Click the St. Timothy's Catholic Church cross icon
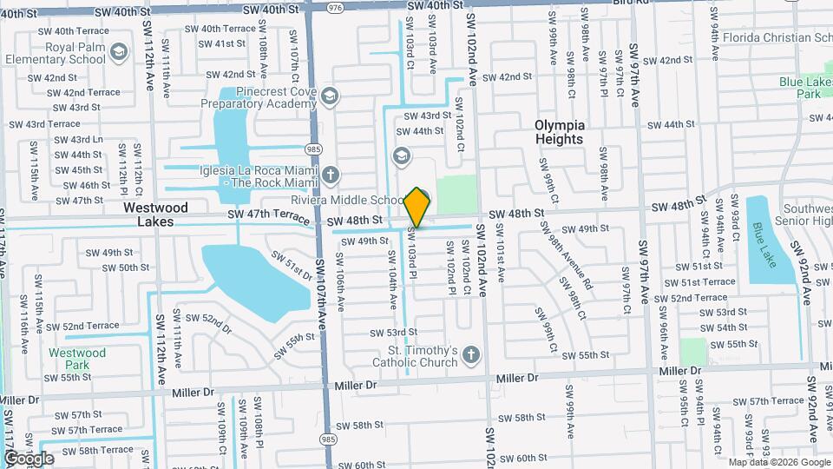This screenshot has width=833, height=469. (x=471, y=354)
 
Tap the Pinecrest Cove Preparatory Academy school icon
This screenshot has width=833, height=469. (x=329, y=96)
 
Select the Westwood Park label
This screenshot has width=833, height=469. (x=77, y=360)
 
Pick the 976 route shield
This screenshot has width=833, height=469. (x=334, y=6)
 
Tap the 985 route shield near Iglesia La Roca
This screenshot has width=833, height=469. (x=313, y=149)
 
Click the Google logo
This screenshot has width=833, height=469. (x=28, y=458)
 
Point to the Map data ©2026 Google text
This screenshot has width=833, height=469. (x=778, y=462)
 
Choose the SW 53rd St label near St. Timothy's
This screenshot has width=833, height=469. (x=393, y=333)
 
